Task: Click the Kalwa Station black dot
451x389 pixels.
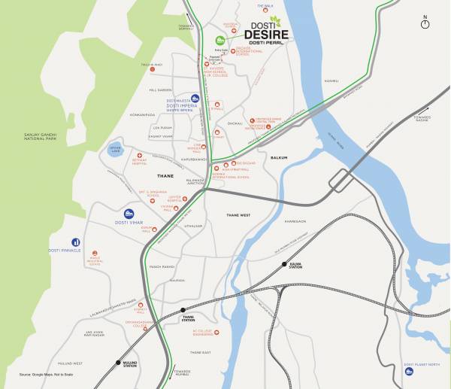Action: coord(284,265)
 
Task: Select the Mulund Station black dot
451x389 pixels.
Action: coord(117,363)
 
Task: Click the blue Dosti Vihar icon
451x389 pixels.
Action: coord(129,214)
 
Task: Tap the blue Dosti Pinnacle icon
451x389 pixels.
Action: coord(75,242)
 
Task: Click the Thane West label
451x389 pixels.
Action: coord(238,215)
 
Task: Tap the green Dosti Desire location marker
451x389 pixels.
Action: coord(220,39)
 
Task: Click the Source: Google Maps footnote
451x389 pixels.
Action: coord(47,373)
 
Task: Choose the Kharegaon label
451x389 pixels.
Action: coord(295,221)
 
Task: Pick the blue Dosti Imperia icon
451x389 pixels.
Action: coord(195,98)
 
